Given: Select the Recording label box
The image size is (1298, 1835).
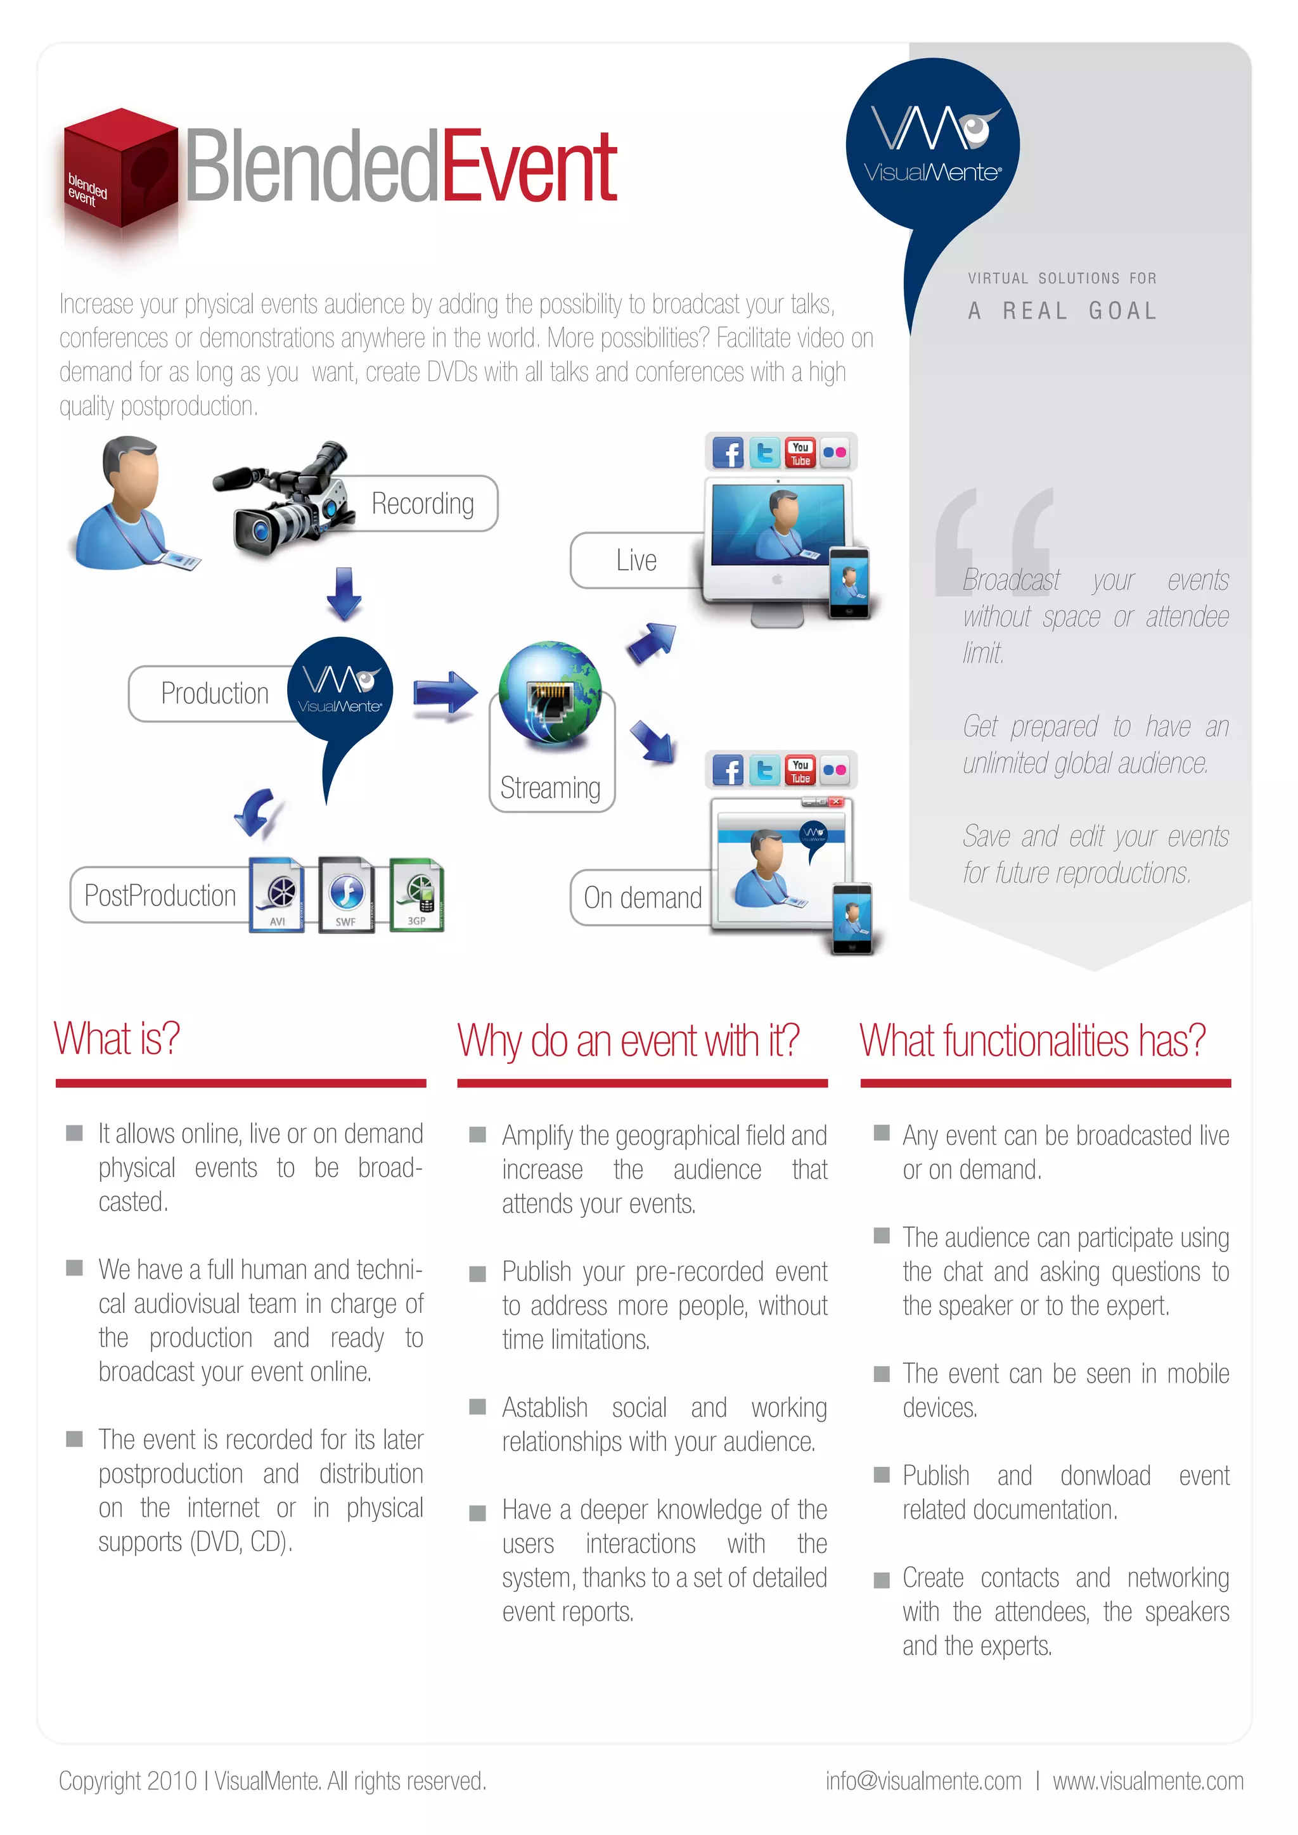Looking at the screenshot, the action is point(423,504).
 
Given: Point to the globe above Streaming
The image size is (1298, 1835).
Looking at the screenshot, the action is point(550,692).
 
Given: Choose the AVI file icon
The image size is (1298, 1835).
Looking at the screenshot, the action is point(276,894).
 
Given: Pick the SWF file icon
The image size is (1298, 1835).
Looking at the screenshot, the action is point(346,894).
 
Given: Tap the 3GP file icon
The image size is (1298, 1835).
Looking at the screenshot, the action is point(416,894).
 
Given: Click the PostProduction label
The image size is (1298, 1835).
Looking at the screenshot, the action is point(160,895).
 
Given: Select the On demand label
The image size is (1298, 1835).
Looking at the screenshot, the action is point(642,897).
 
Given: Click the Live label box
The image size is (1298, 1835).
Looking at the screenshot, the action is point(636,560).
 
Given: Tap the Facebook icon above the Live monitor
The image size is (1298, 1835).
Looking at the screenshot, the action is point(728,452).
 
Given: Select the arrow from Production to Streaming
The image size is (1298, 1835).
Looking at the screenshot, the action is point(444,692).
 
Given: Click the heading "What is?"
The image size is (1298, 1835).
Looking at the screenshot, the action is point(117,1039).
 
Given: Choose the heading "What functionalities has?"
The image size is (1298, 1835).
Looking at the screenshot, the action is point(1032,1040).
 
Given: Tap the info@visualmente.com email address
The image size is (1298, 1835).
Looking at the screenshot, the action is point(923,1781).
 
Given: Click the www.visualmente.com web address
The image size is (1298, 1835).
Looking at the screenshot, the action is point(1148,1781).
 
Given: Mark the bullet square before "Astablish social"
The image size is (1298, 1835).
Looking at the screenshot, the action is point(477,1407).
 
